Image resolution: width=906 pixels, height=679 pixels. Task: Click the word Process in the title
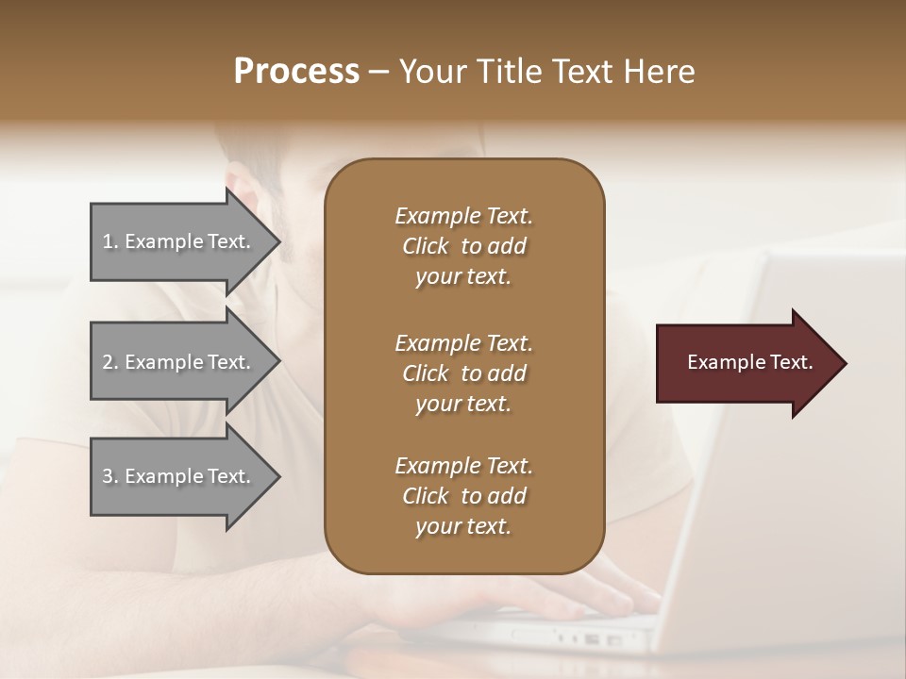296,72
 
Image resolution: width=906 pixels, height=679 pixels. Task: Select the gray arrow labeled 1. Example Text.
179,241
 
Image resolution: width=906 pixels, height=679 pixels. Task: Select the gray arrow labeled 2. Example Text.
179,362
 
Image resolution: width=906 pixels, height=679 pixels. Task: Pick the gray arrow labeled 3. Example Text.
179,476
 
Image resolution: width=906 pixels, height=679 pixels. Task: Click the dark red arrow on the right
746,363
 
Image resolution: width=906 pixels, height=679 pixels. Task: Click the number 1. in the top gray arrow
110,241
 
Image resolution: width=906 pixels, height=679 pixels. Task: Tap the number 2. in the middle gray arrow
110,362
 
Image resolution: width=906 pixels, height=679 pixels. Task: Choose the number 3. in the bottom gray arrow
110,476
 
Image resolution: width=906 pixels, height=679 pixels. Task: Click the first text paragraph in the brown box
463,246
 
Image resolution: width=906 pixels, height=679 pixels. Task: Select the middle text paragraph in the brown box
463,373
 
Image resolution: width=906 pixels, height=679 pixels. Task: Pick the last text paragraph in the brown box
463,496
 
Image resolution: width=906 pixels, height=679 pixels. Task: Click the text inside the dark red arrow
749,362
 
